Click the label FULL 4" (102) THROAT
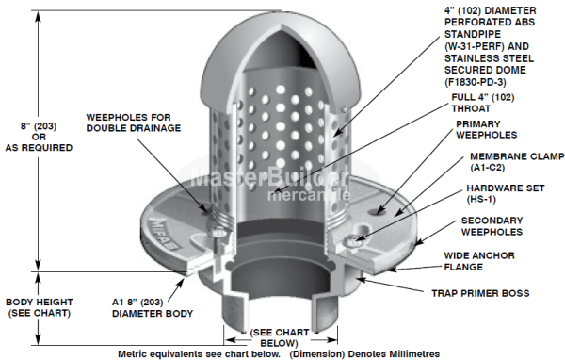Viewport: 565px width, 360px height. (484, 101)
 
